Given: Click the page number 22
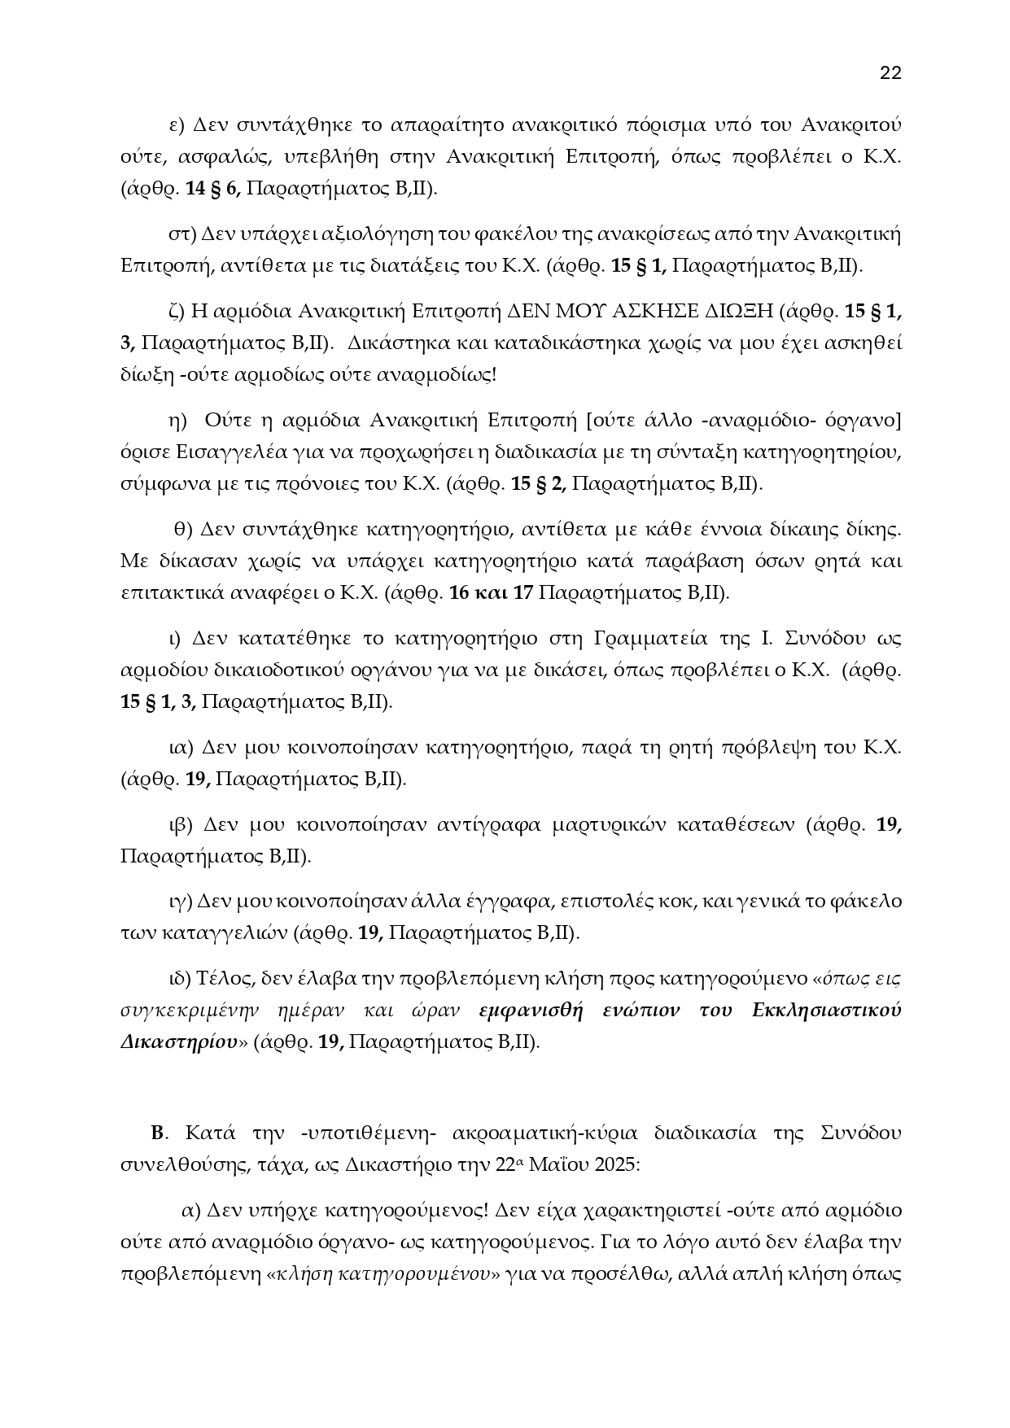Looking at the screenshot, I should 890,73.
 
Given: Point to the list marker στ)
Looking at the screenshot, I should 179,234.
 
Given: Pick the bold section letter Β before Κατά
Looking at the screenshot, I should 158,1133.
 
